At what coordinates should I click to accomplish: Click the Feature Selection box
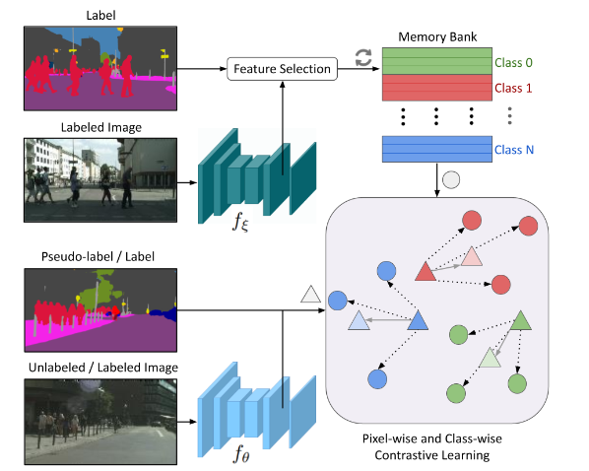pyautogui.click(x=282, y=68)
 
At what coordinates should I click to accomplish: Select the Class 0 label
pyautogui.click(x=513, y=63)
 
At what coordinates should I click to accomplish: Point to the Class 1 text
pyautogui.click(x=513, y=89)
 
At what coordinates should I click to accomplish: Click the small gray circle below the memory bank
pyautogui.click(x=451, y=180)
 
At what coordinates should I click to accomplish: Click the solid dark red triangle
pyautogui.click(x=425, y=270)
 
